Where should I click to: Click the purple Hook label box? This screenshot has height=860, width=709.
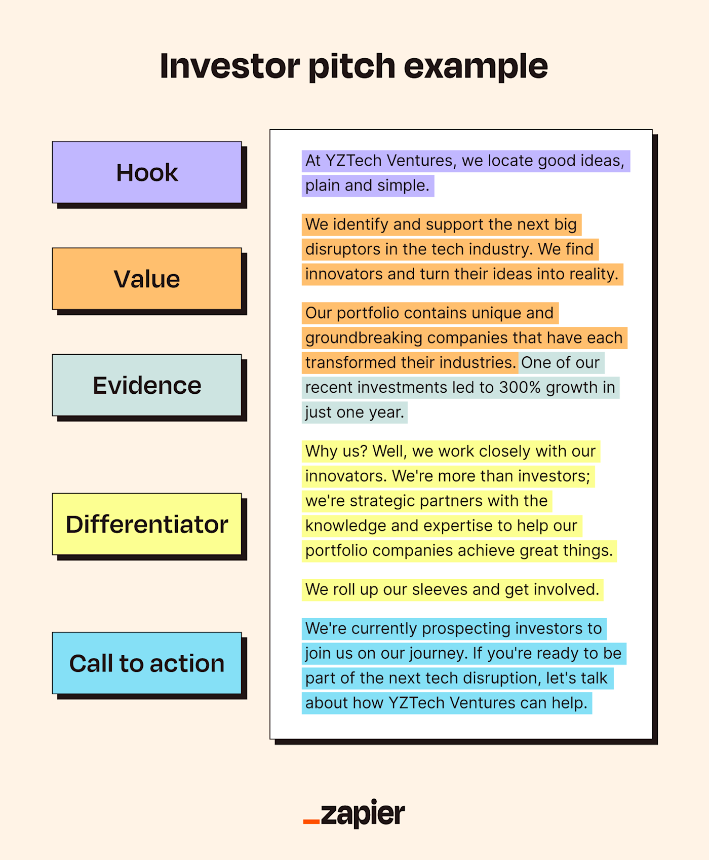click(147, 172)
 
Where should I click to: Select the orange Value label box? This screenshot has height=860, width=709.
click(147, 279)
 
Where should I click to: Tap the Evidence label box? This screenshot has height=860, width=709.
click(147, 385)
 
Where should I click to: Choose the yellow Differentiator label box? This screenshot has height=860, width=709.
click(147, 524)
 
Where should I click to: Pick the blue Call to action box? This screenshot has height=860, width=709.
click(147, 663)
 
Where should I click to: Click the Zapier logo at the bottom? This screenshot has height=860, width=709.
click(354, 814)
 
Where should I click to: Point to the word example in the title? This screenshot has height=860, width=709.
click(476, 66)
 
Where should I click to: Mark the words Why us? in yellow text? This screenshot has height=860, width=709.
click(336, 452)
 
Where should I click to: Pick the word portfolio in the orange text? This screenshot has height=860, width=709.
click(368, 313)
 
